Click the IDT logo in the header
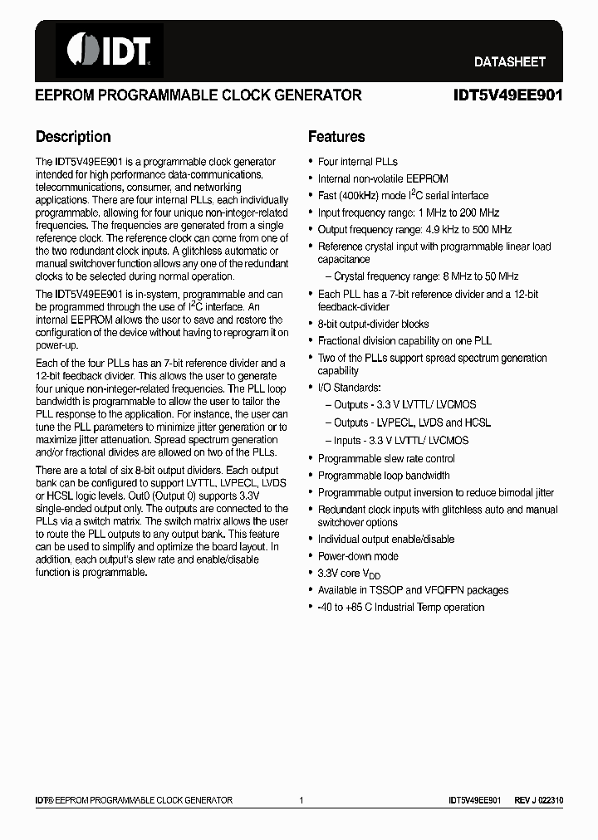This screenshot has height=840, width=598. click(109, 50)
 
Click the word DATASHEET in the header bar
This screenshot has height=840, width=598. click(509, 61)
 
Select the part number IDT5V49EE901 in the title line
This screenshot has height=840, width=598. click(507, 95)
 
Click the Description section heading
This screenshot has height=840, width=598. click(73, 137)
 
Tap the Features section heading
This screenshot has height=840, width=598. click(336, 137)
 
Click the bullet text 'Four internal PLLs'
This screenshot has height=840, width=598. click(357, 162)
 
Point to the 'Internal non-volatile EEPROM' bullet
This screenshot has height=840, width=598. click(383, 178)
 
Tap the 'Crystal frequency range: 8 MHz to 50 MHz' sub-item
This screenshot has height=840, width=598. click(426, 276)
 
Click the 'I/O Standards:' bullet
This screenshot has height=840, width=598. click(349, 388)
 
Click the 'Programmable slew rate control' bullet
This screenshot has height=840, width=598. click(386, 459)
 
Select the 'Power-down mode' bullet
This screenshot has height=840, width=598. click(358, 556)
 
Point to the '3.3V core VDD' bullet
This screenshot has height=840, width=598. click(349, 574)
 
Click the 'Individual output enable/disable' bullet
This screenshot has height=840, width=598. click(386, 540)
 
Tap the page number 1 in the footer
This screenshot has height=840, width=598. click(301, 800)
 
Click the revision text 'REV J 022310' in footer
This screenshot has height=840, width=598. click(538, 800)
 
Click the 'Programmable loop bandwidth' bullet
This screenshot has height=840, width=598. click(384, 476)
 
